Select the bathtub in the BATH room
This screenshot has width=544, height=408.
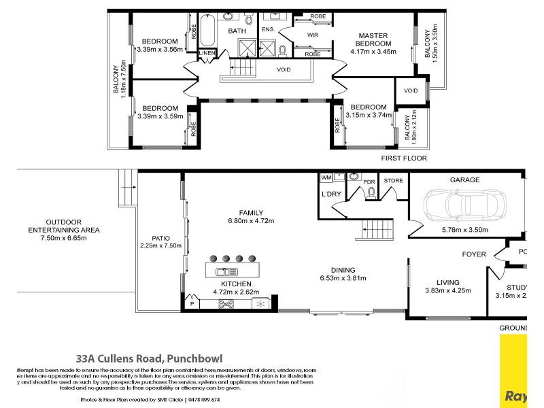(208, 31)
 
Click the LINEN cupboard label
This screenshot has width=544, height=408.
(207, 54)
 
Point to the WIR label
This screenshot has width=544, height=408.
(313, 34)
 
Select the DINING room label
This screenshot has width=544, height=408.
(343, 269)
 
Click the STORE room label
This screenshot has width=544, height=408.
(394, 181)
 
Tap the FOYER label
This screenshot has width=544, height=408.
(474, 254)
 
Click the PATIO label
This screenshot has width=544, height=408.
(160, 238)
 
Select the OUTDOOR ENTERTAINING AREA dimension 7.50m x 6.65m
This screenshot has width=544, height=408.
(64, 239)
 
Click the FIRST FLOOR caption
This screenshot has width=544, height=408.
(404, 158)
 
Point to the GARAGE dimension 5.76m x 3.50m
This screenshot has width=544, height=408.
(464, 230)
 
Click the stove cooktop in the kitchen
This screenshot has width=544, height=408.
(226, 303)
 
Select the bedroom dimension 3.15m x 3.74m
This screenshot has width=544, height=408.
(368, 115)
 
